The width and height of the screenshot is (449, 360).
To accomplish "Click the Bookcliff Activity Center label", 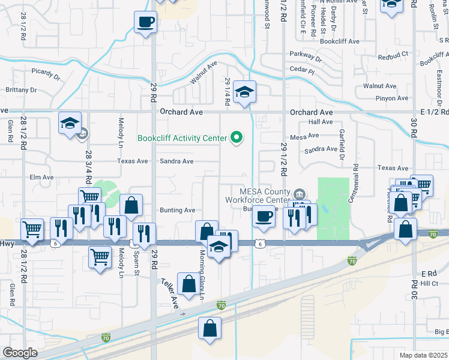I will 182,138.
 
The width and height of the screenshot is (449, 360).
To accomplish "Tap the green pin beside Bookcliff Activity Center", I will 237,138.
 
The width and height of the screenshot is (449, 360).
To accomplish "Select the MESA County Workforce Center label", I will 258,196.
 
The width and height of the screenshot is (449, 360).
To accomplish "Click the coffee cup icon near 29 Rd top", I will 145,23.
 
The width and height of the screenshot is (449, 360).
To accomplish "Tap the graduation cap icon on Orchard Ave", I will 244,92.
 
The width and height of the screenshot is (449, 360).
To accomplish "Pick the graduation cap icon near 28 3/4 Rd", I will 70,124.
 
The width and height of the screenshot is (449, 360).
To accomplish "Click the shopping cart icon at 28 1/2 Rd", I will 32,229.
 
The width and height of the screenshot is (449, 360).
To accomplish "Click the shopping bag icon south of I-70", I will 209,328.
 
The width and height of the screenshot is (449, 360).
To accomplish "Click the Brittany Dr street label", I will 21,90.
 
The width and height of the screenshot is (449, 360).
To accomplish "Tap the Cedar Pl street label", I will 302,70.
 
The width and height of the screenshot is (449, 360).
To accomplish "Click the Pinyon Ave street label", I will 376,98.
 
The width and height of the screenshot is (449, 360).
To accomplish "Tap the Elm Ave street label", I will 41,178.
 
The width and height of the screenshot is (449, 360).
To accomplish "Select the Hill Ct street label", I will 430,283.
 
